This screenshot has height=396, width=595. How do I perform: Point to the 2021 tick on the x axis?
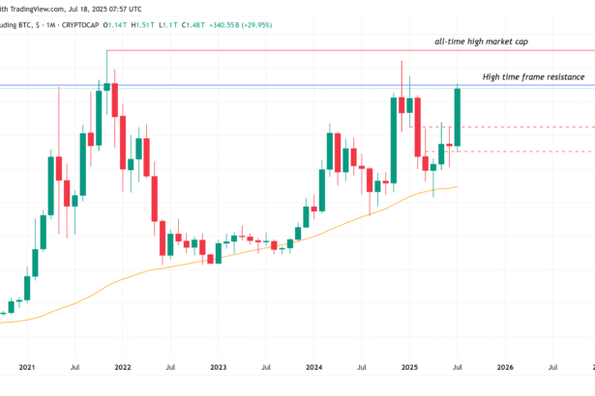(x=27, y=367)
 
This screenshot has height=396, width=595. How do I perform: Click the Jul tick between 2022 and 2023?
(x=170, y=367)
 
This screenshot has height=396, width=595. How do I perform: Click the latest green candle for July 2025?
(x=457, y=116)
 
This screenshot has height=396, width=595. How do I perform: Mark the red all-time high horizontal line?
(x=290, y=50)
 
